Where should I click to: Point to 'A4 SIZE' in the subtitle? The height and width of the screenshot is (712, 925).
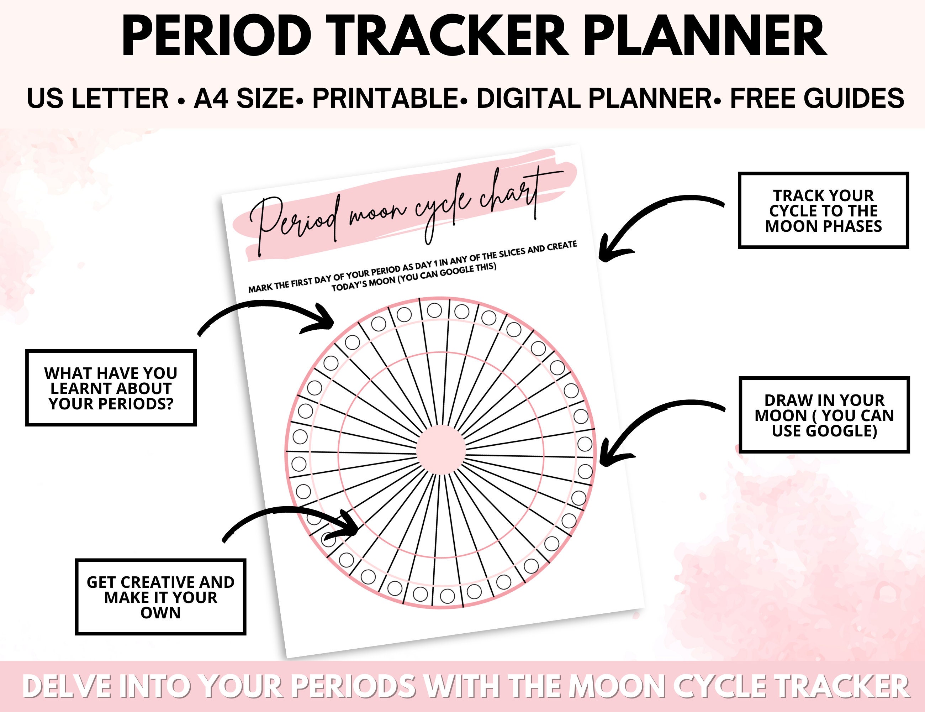(244, 99)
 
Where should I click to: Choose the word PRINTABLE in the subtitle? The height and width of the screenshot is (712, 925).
(385, 99)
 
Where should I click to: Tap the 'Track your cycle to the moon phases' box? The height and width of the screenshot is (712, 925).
(823, 211)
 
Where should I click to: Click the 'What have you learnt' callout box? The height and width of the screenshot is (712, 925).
(111, 388)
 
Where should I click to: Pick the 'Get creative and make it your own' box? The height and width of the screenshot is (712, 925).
(160, 597)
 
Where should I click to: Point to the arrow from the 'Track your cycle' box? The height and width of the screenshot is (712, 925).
(652, 220)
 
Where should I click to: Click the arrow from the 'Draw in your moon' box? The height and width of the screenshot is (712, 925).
(652, 428)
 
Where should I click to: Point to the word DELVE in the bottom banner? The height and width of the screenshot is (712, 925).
(68, 687)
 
